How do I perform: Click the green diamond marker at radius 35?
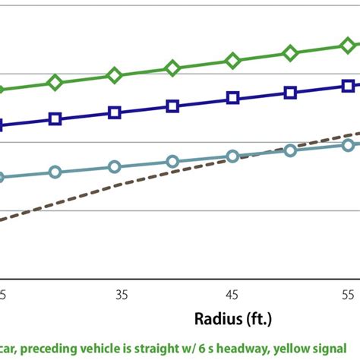(115, 75)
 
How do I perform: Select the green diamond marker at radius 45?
(232, 61)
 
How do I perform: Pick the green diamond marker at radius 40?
(173, 68)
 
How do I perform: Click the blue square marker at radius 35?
(115, 112)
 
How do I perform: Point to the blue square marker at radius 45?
(232, 98)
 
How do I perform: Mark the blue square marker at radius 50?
(290, 93)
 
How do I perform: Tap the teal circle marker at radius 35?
(115, 167)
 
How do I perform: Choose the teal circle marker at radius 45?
(232, 156)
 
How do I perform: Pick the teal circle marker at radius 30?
(55, 172)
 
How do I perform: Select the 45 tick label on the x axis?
(232, 293)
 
